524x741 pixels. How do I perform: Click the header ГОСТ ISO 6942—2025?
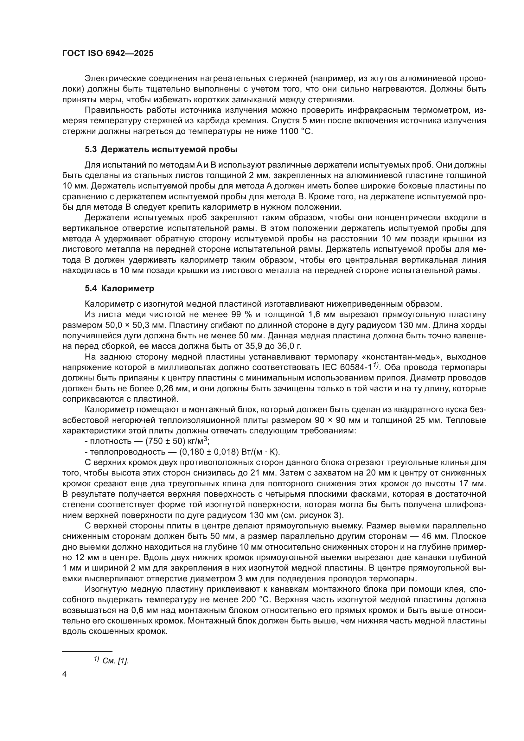[x=108, y=54]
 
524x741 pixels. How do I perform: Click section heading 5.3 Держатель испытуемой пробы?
[x=161, y=150]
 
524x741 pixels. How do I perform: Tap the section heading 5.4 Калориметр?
[x=119, y=288]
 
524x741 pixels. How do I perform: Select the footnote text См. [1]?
[x=116, y=661]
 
